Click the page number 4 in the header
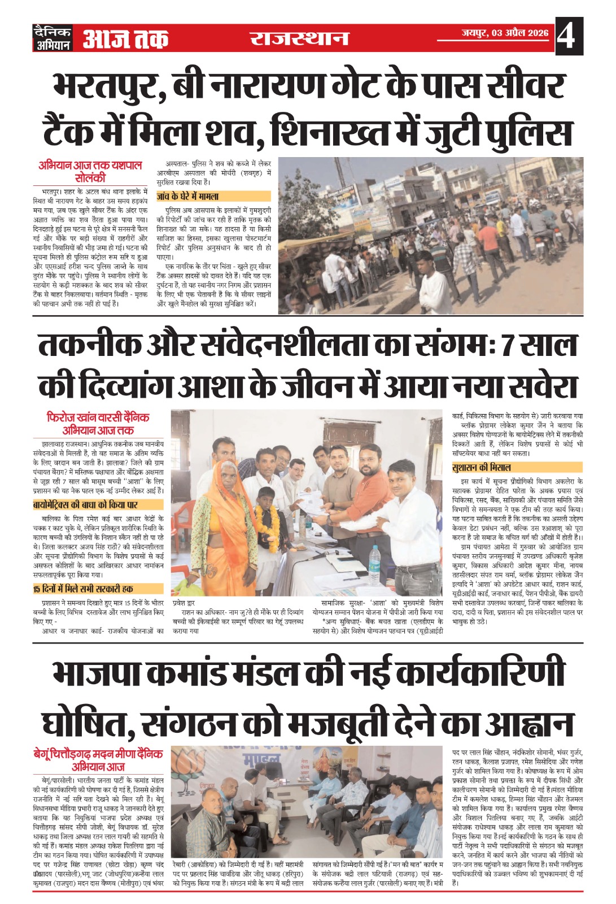[566, 37]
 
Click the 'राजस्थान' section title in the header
[299, 38]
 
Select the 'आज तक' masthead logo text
[125, 39]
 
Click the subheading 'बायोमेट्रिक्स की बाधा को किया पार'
[85, 505]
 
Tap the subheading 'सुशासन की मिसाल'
[482, 467]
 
